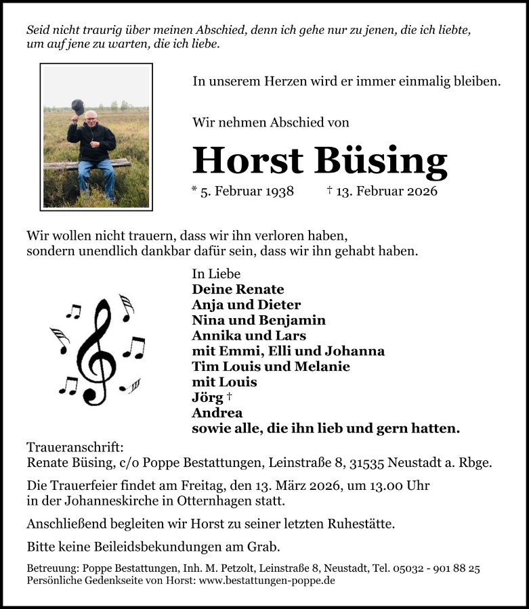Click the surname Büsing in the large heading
click(x=381, y=161)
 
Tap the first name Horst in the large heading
click(x=248, y=161)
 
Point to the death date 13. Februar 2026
click(x=387, y=191)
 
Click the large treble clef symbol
click(x=96, y=352)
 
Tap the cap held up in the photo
click(x=78, y=107)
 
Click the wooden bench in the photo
click(x=88, y=164)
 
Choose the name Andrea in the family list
click(x=217, y=413)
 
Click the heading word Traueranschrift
click(x=75, y=447)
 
